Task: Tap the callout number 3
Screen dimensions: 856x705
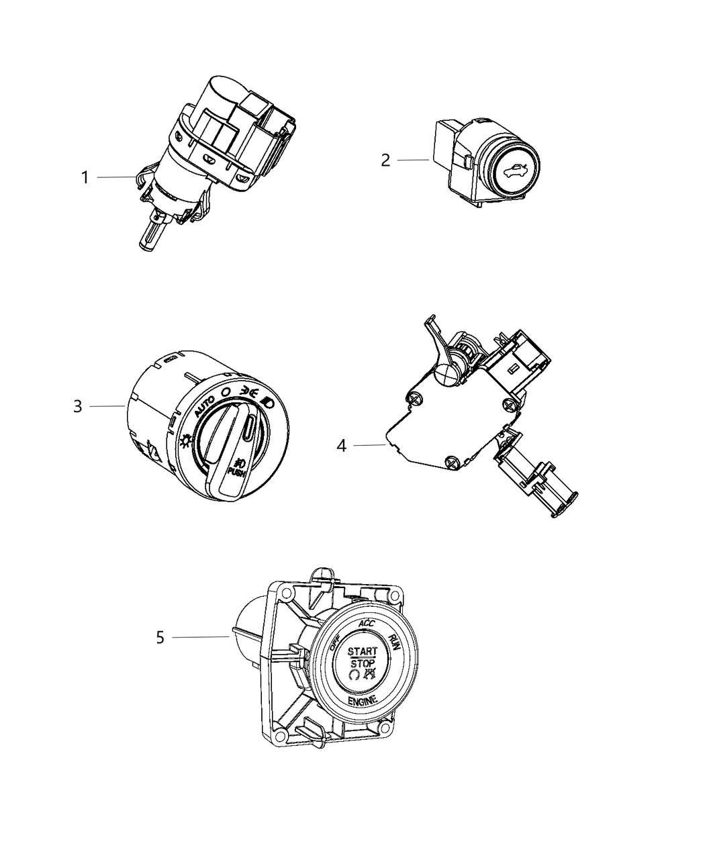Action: tap(78, 406)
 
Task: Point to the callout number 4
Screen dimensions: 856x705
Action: tap(342, 446)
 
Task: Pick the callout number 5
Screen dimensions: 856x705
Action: tap(160, 637)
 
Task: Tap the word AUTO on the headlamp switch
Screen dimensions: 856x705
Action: tap(205, 406)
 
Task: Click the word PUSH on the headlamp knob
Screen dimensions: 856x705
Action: tap(237, 473)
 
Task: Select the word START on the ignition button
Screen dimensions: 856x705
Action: tap(362, 651)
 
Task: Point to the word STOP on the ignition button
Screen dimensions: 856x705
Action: tap(363, 663)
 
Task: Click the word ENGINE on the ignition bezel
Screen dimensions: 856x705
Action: tap(363, 700)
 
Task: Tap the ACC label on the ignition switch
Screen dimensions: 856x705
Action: tap(367, 624)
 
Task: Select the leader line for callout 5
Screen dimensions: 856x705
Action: tap(201, 637)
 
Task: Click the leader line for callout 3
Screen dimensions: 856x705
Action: tap(107, 406)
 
